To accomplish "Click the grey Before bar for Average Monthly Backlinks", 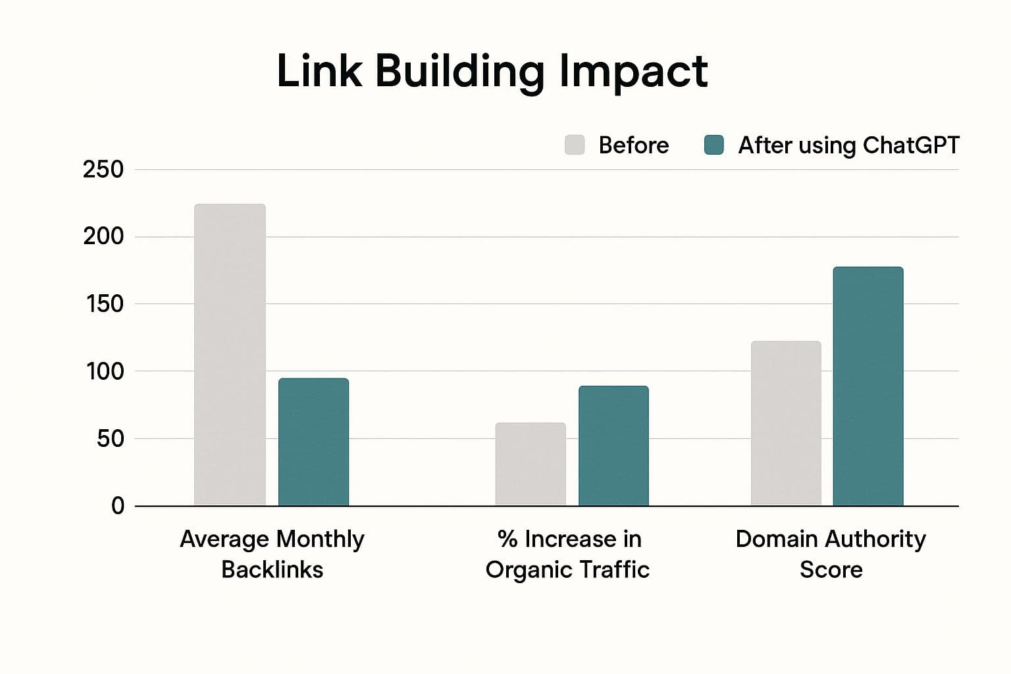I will click(230, 355).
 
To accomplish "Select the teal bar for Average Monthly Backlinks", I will click(313, 442).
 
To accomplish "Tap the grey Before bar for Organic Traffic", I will click(531, 464).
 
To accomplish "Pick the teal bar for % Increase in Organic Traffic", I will click(613, 446).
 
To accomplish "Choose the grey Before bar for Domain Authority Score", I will click(786, 423).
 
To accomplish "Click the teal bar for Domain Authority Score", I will click(868, 386).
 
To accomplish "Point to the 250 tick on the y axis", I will click(103, 170).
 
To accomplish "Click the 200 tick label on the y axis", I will click(103, 237).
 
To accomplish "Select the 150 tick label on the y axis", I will click(105, 304).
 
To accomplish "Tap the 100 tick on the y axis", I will click(105, 371).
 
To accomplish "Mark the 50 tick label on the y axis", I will click(110, 439).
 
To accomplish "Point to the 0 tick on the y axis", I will click(118, 506).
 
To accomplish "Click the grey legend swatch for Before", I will click(575, 145).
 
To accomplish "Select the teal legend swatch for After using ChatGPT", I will click(713, 145).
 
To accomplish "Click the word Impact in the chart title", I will click(633, 71).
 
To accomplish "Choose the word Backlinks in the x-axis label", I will click(272, 569).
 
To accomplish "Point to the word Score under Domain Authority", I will click(831, 569).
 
